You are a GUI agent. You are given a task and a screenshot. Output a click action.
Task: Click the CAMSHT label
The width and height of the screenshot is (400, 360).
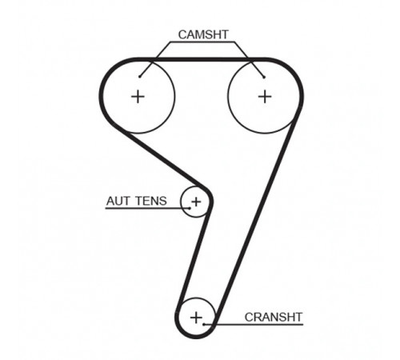coord(203,34)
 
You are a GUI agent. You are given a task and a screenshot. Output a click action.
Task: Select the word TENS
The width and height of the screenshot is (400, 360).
coord(151,201)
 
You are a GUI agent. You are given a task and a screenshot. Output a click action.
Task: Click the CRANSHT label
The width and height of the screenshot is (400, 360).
coord(274,317)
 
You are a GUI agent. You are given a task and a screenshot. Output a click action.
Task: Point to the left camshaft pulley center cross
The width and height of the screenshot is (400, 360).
coord(138,96)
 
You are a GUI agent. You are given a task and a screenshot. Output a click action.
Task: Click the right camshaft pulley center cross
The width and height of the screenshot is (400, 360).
coord(265,96)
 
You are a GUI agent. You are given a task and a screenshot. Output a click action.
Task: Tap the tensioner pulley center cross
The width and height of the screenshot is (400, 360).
coord(196,202)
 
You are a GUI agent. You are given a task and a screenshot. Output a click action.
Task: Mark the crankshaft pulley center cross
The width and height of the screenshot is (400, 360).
coord(196,318)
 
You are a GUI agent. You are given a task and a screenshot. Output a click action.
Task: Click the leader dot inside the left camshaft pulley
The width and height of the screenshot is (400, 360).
coord(139,77)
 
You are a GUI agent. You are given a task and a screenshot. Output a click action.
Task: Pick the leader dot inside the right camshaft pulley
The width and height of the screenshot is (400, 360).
coord(264,78)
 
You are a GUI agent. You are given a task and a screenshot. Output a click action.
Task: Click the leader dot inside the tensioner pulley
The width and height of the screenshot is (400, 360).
coord(190,208)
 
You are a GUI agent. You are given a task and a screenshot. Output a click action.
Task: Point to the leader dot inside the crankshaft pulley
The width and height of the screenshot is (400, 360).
coord(204,325)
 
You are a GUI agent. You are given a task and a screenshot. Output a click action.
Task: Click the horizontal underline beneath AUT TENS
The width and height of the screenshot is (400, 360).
coord(148,208)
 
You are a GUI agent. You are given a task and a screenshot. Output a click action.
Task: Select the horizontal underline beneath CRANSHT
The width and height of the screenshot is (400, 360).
coord(254,325)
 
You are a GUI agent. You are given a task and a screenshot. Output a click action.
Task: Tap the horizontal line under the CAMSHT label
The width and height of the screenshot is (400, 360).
coord(202,42)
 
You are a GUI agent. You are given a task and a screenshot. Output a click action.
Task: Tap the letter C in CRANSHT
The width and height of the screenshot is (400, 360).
coord(249,317)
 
